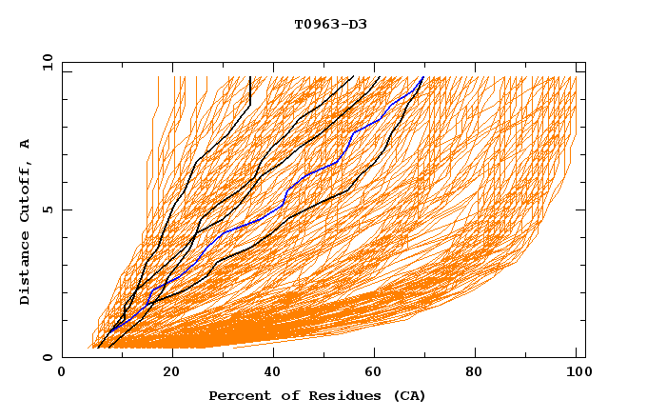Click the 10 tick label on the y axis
click(46, 63)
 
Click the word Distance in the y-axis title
click(26, 270)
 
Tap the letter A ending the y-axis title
click(26, 143)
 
